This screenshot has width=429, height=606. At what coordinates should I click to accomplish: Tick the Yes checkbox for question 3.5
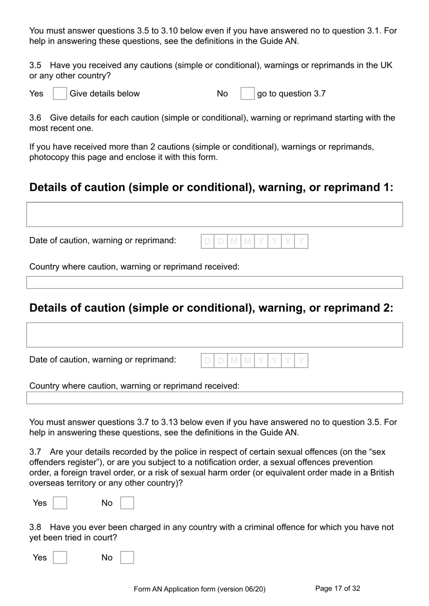point(60,93)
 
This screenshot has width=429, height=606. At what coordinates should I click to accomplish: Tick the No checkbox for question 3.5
point(247,93)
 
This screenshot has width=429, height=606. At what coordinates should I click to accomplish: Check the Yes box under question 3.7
point(60,503)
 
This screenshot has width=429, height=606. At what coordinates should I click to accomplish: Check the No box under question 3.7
point(127,503)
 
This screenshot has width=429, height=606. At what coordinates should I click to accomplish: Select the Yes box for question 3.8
point(60,558)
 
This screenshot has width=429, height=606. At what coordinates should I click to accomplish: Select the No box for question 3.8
point(127,558)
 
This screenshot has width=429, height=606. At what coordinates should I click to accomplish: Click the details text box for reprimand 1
point(214,214)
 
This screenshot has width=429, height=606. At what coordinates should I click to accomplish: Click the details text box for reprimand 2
point(214,335)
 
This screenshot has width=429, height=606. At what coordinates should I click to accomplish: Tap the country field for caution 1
point(214,282)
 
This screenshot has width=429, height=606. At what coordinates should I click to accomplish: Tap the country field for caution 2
point(214,398)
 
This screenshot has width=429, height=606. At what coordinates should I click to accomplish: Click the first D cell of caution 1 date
point(208,242)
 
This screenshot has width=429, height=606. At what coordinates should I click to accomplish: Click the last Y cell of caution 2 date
point(301,361)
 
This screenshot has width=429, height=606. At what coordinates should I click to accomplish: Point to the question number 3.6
point(35,118)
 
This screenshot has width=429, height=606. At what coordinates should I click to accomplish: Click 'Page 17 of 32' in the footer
point(337,588)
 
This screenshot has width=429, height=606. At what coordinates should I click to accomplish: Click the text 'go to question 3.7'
point(291,94)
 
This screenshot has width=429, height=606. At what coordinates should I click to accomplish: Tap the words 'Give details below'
point(104,94)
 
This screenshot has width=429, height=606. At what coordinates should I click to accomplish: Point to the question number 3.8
point(35,527)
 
